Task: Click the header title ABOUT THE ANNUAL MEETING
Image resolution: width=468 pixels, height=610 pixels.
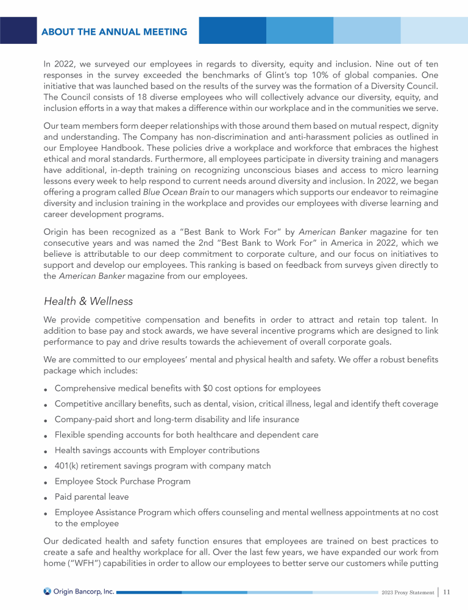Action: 115,32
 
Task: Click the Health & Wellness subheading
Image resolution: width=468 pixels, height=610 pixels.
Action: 88,301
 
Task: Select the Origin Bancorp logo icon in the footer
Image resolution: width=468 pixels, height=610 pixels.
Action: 48,591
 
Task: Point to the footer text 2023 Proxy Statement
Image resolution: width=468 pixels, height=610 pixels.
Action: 408,592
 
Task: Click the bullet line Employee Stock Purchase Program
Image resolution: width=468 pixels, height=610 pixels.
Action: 122,481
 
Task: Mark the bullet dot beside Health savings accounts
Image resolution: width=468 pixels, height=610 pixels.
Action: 46,451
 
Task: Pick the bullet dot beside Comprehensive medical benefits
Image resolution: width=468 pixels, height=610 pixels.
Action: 46,389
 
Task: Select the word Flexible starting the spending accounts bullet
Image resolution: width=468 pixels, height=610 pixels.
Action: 71,435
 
